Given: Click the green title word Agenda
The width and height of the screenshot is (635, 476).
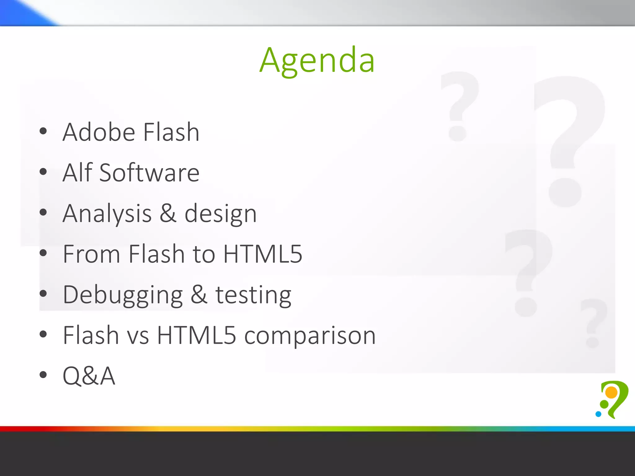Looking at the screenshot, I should click(317, 60).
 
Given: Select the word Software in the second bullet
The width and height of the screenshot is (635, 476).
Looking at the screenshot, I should click(149, 173).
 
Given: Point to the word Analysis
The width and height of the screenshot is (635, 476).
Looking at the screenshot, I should click(107, 214).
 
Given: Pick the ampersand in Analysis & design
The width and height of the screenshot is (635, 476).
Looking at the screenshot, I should click(168, 213).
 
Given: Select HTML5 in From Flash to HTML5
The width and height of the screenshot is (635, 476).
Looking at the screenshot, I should click(263, 254).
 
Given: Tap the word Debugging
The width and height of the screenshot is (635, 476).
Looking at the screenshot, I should click(123, 295).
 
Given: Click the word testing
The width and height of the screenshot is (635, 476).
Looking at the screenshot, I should click(253, 295).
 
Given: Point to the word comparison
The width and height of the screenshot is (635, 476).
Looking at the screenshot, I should click(310, 336).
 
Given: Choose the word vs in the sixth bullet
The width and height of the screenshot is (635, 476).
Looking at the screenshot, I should click(138, 336).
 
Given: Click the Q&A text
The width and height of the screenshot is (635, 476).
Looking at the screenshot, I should click(89, 376).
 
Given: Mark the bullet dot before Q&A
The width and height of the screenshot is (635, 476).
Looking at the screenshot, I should click(43, 375).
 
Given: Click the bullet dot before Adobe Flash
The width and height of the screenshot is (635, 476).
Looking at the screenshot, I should click(43, 131).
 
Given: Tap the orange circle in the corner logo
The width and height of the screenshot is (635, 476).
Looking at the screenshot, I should click(611, 392).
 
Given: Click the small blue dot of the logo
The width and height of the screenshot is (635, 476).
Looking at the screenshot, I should click(598, 414).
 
